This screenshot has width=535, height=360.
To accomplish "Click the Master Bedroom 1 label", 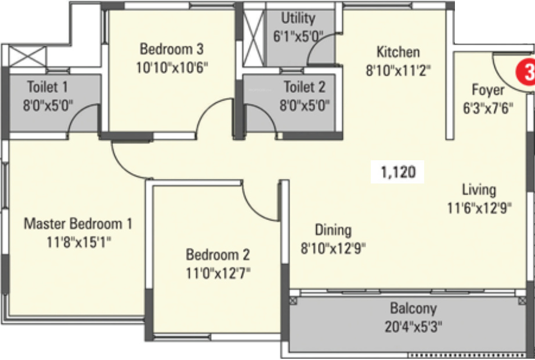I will point(78,223).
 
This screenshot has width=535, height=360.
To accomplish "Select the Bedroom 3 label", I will point(171,48).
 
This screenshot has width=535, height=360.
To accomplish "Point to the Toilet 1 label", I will point(48,87).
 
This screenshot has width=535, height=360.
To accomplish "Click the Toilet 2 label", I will point(304,87).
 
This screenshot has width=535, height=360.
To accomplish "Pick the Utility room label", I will point(298,18).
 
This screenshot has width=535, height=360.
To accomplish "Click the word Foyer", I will point(487,90).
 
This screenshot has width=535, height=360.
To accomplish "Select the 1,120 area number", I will point(399,172).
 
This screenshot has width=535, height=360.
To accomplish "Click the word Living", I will point(479,189).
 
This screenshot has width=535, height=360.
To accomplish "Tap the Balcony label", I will point(413,308).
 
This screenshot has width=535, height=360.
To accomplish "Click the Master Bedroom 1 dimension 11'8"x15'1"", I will point(78,240).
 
